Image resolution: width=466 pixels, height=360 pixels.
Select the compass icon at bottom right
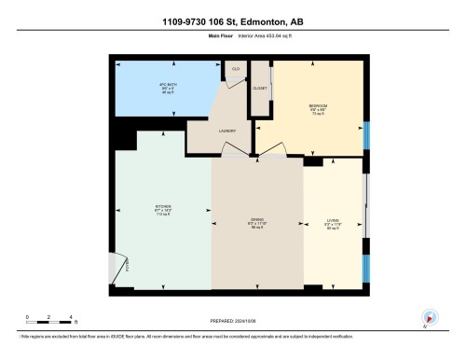(x=430, y=317)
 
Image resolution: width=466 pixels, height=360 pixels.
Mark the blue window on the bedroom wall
(x=366, y=135)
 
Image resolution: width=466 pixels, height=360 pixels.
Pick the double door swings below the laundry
(x=256, y=152)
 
